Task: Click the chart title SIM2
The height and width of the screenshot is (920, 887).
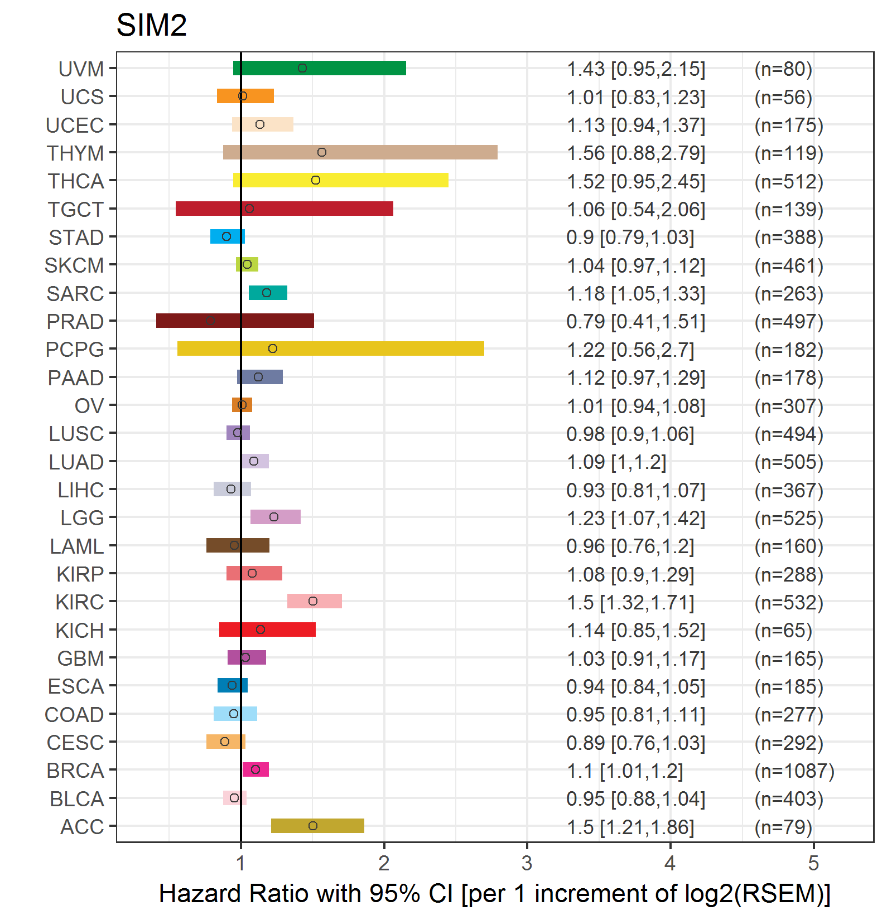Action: (x=151, y=26)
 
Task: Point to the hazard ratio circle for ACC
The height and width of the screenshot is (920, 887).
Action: (x=313, y=826)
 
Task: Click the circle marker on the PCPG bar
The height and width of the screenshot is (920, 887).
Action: (x=273, y=348)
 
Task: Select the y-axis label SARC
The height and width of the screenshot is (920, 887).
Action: (x=75, y=294)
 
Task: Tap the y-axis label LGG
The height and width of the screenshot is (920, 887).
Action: (x=82, y=518)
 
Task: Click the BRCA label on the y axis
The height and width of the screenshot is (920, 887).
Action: (x=75, y=771)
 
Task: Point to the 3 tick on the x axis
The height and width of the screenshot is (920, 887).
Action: (x=527, y=864)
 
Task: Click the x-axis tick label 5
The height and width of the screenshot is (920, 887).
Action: (x=813, y=864)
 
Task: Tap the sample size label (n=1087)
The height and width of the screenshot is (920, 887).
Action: (x=794, y=771)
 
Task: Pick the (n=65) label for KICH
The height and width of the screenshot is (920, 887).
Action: (x=783, y=631)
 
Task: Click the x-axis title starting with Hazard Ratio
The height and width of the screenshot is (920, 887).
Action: (x=494, y=893)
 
